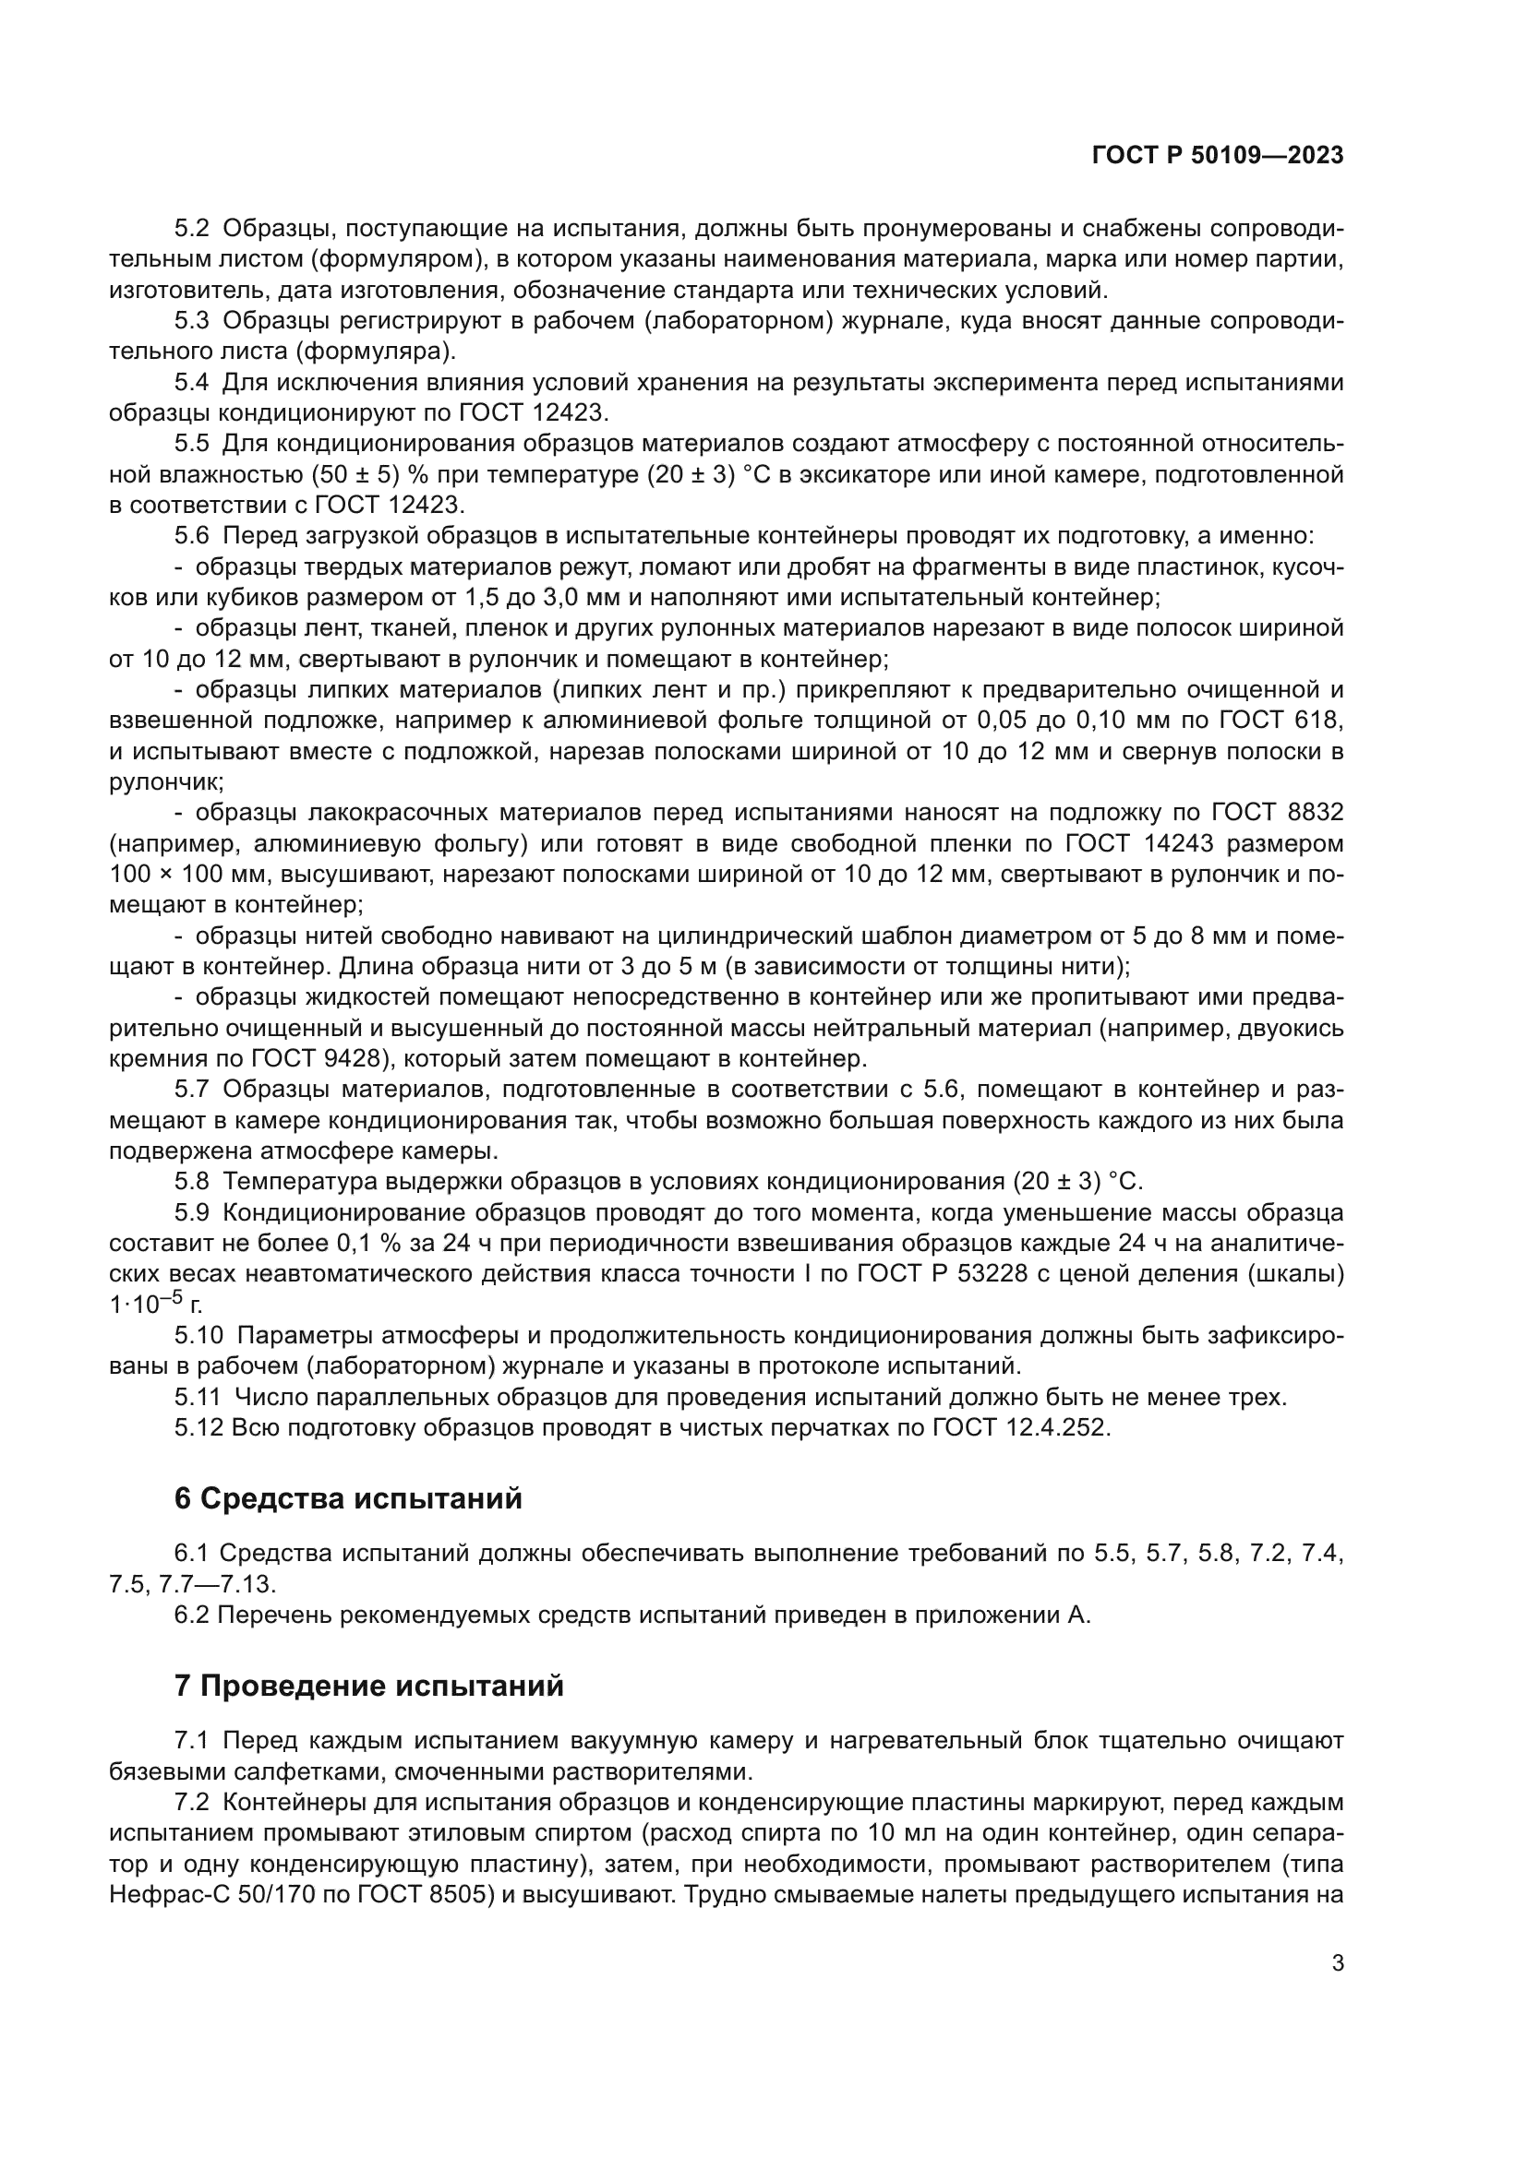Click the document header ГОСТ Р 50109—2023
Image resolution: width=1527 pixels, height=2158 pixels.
pos(1218,156)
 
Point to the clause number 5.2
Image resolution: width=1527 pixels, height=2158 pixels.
pos(192,229)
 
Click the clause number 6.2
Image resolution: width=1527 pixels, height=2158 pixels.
pos(192,1615)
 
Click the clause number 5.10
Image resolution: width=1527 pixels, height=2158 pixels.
pos(198,1336)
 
